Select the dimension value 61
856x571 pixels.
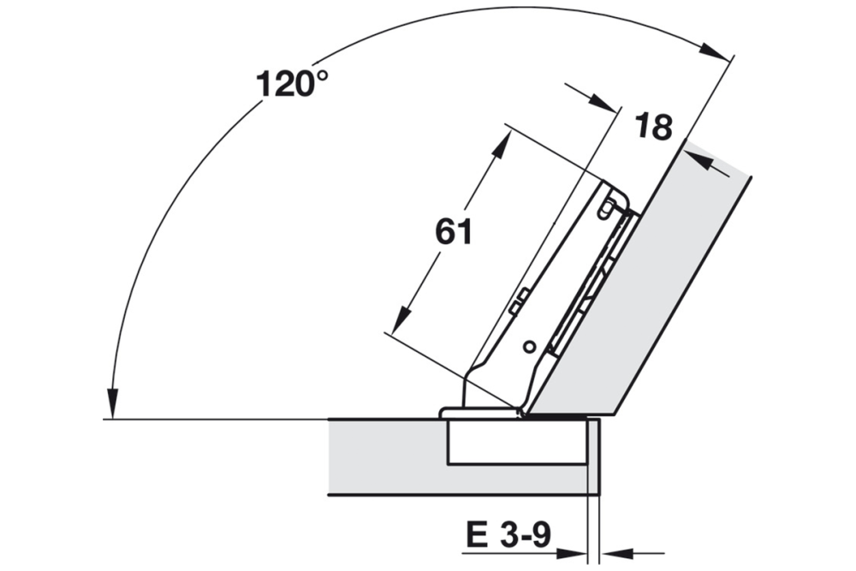coord(454,232)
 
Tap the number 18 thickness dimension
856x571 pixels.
coord(653,128)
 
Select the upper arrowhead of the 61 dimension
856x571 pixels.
coord(499,145)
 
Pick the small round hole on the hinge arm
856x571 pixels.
coord(530,347)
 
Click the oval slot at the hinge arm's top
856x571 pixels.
coord(608,206)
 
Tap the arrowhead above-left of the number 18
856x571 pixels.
coord(603,103)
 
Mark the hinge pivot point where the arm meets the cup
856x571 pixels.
coord(520,412)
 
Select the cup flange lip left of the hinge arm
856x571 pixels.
coord(450,413)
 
